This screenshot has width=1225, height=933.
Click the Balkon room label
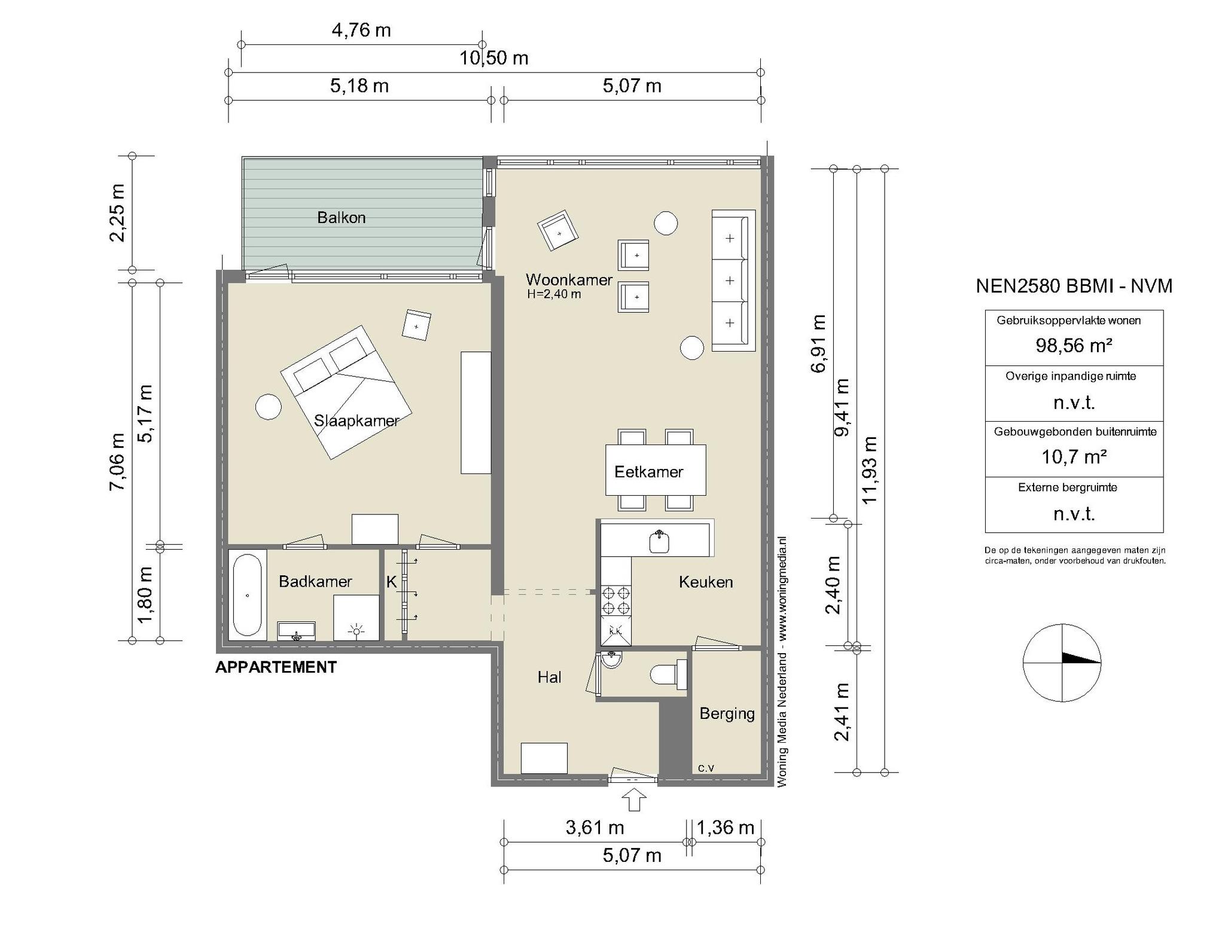click(x=341, y=218)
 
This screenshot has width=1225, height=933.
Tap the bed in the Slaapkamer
click(x=346, y=392)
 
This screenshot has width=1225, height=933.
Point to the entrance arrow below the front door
click(x=635, y=800)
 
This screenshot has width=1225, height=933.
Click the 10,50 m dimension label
click(x=494, y=58)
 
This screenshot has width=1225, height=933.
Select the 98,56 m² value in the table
click(x=1074, y=345)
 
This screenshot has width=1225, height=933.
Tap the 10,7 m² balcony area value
click(x=1074, y=457)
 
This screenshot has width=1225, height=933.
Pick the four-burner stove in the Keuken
click(x=616, y=601)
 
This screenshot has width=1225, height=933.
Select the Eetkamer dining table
click(x=656, y=470)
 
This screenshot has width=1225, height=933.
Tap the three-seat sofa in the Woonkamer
click(x=733, y=280)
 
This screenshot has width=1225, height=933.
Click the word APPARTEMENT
click(x=276, y=667)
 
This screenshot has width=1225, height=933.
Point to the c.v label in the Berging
click(x=706, y=768)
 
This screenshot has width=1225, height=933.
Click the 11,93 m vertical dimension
click(x=870, y=469)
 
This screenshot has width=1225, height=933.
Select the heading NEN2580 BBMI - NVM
click(x=1074, y=286)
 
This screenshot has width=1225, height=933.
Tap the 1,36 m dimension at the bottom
click(x=726, y=828)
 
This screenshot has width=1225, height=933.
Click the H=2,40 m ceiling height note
click(x=554, y=294)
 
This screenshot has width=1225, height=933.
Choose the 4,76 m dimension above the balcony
click(x=361, y=30)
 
